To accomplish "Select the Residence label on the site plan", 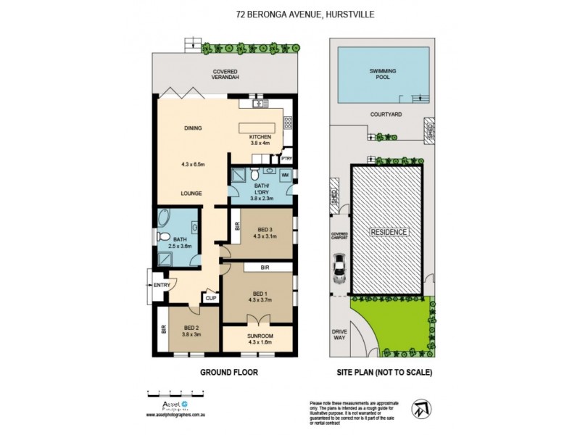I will (x=389, y=232).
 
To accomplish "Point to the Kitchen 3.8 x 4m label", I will (x=260, y=140).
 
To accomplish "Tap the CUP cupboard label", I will (x=211, y=297).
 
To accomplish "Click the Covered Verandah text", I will (x=226, y=75).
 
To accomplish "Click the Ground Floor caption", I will (x=228, y=373).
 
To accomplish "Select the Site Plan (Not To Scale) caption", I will (x=384, y=373).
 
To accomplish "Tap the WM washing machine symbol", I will (x=285, y=176).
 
